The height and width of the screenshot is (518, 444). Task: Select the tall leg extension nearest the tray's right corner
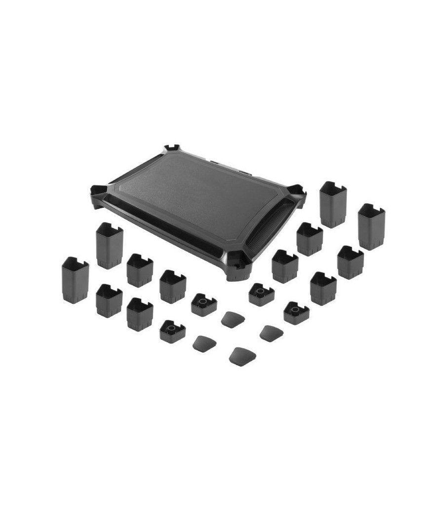333,204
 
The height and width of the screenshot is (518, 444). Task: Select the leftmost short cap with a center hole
172,331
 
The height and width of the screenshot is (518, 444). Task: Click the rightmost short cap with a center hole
296,312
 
